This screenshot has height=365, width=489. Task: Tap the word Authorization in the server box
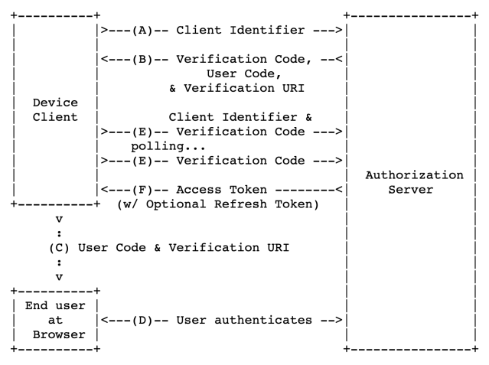(x=414, y=174)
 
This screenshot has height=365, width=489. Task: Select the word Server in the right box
(x=414, y=190)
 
